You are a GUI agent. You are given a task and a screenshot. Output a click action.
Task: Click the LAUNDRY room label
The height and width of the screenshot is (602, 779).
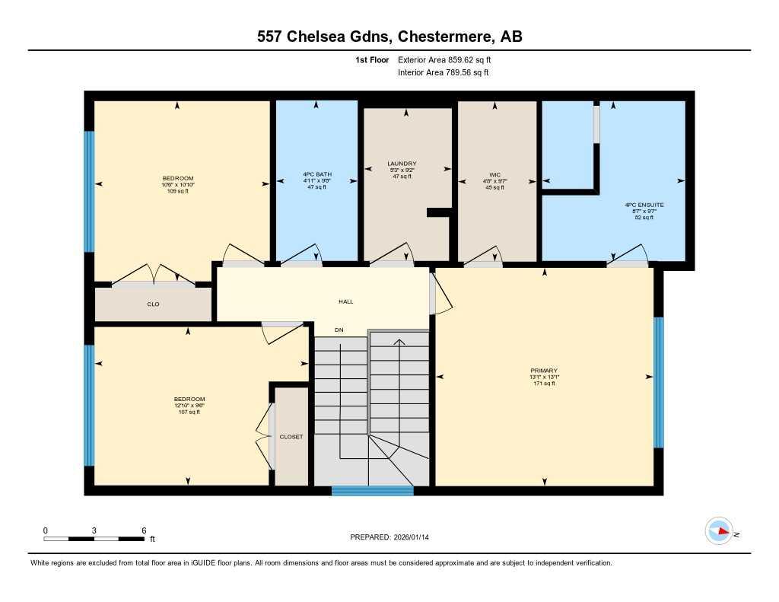(402, 164)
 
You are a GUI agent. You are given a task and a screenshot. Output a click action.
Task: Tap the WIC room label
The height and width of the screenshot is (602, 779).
(494, 174)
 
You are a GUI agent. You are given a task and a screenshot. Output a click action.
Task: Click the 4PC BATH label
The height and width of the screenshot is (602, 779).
(316, 174)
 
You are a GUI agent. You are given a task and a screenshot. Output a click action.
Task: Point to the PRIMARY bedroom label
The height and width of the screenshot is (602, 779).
(545, 371)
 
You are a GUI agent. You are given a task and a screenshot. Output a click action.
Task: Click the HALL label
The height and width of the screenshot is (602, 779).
(346, 301)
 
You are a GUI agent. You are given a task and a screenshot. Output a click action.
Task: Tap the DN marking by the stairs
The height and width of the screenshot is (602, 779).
(340, 330)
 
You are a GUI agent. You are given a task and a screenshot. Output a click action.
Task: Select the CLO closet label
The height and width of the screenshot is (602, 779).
(153, 304)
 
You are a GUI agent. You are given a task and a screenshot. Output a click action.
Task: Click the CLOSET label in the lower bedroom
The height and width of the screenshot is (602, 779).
(291, 437)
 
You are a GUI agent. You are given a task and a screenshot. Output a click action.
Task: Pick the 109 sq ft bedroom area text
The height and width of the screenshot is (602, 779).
(177, 191)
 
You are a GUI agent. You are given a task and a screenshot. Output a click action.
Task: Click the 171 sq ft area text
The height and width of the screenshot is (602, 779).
(545, 384)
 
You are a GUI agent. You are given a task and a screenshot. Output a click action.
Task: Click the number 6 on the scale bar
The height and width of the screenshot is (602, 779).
(144, 530)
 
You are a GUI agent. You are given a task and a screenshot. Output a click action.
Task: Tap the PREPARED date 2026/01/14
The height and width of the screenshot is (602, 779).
(415, 537)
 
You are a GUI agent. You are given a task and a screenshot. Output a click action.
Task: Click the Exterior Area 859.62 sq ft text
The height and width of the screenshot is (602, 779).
(450, 59)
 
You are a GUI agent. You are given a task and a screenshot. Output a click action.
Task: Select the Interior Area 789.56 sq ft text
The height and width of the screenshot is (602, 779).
(444, 73)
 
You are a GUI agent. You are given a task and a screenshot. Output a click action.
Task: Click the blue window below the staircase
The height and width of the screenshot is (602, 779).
(373, 491)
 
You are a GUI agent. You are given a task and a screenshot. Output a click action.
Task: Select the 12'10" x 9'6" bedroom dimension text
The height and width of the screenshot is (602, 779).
(189, 406)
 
